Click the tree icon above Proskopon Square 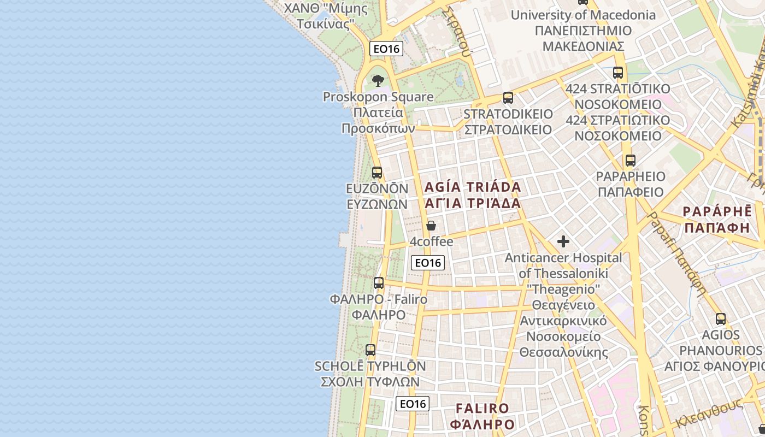tap(378, 81)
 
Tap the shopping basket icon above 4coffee tap(431, 226)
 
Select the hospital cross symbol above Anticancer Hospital tap(563, 241)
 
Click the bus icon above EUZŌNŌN tap(377, 173)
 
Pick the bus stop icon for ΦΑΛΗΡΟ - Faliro tap(379, 283)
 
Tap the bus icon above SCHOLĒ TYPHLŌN tap(370, 350)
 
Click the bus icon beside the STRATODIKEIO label tap(508, 98)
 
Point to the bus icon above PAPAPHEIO tap(631, 161)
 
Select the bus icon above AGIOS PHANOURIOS tap(721, 319)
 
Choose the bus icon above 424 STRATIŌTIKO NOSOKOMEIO tap(618, 72)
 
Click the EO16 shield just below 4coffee tap(427, 263)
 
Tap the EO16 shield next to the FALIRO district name tap(412, 404)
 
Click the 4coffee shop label tap(432, 241)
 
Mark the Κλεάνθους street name tap(709, 414)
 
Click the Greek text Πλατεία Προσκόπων tap(378, 121)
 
